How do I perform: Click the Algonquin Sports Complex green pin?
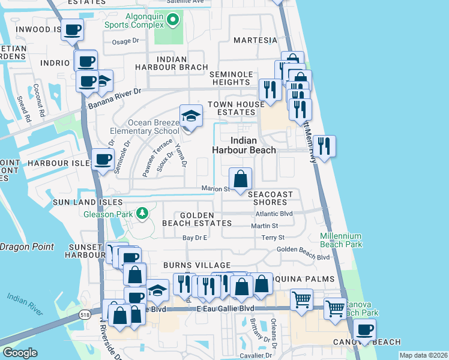point(173,21)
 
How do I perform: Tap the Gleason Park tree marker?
point(142,213)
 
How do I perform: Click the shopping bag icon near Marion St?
point(240,179)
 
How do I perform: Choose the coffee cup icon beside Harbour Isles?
point(103,160)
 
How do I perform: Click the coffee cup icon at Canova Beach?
point(364,329)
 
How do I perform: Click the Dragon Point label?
point(26,247)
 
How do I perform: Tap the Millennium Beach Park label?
point(341,240)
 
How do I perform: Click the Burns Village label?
point(197,265)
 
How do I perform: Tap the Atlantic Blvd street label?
point(274,214)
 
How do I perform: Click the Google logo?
point(20,353)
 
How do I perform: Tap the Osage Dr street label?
point(125,42)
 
